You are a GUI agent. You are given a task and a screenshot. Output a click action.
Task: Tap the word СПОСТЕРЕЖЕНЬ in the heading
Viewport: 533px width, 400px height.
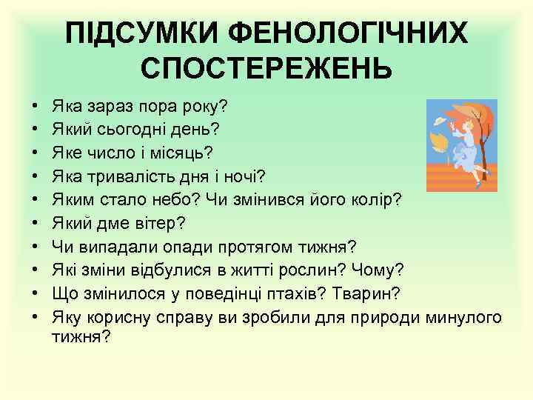266,69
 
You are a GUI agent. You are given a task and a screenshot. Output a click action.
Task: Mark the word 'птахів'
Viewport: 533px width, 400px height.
286,294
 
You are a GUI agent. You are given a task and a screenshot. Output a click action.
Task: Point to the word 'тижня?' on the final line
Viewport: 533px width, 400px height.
81,337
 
